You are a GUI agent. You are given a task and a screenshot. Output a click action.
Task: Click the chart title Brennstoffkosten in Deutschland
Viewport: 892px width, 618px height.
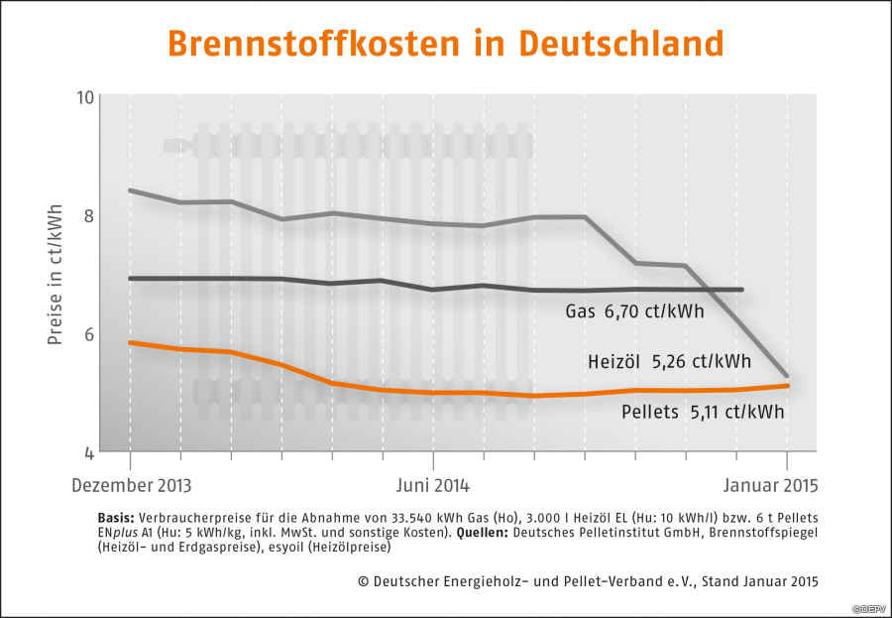tap(445, 44)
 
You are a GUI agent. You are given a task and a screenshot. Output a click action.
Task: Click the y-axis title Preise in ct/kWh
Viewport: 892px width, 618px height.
tap(56, 275)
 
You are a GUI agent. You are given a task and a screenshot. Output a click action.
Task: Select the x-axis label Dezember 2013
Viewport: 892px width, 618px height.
tap(131, 486)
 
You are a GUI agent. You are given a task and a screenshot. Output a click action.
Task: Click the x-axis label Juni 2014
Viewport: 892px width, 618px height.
tap(433, 486)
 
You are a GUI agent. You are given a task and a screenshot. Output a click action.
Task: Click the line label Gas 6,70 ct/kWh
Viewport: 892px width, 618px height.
tap(634, 311)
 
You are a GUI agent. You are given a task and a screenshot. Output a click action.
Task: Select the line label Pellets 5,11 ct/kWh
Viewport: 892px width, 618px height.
tap(703, 410)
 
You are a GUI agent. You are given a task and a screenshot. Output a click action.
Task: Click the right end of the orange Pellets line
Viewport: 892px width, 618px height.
tap(787, 386)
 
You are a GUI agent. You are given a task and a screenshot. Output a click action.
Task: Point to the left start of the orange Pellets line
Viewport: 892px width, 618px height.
tap(131, 342)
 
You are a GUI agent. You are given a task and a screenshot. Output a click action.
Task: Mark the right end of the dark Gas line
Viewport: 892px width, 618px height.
tap(742, 290)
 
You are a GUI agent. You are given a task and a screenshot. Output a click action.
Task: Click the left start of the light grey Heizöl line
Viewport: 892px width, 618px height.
tap(131, 190)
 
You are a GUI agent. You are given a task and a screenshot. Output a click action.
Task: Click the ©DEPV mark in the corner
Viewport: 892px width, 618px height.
tap(869, 608)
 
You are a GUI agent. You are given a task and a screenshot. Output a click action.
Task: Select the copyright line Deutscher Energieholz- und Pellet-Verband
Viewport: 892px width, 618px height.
tap(589, 580)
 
